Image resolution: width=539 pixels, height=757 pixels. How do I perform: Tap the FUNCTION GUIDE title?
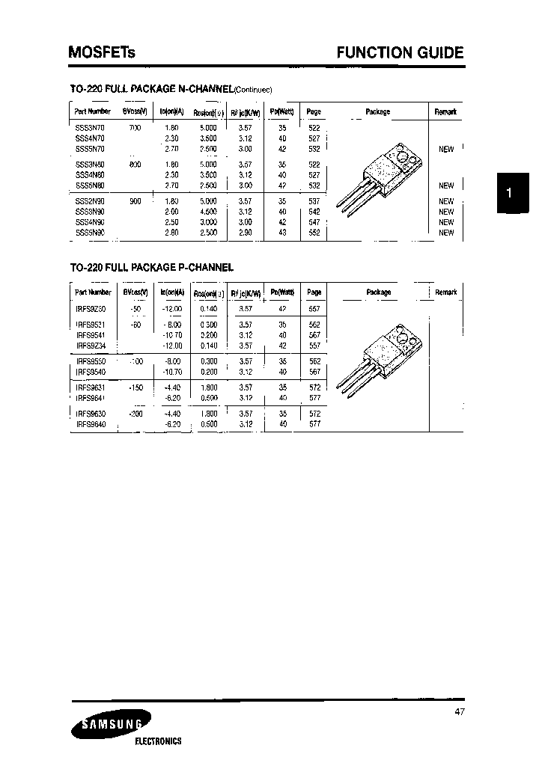400,52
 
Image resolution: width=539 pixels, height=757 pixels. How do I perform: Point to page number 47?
459,712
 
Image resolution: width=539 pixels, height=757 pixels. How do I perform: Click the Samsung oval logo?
110,723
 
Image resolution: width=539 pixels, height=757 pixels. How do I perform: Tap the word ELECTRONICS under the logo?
158,741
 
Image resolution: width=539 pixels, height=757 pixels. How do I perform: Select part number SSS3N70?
90,129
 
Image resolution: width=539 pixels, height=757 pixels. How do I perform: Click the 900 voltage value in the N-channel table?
135,201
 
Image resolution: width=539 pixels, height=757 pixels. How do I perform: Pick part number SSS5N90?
90,233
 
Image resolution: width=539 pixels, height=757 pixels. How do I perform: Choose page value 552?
314,233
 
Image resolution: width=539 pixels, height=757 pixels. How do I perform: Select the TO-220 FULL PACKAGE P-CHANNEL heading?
152,266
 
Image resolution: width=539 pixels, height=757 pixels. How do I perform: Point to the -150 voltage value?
135,387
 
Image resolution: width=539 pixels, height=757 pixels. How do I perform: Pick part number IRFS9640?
91,423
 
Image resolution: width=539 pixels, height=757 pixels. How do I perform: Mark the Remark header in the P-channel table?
445,292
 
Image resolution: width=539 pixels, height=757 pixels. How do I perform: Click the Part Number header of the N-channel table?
93,111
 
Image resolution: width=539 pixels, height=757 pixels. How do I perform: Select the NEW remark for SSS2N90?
446,201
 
